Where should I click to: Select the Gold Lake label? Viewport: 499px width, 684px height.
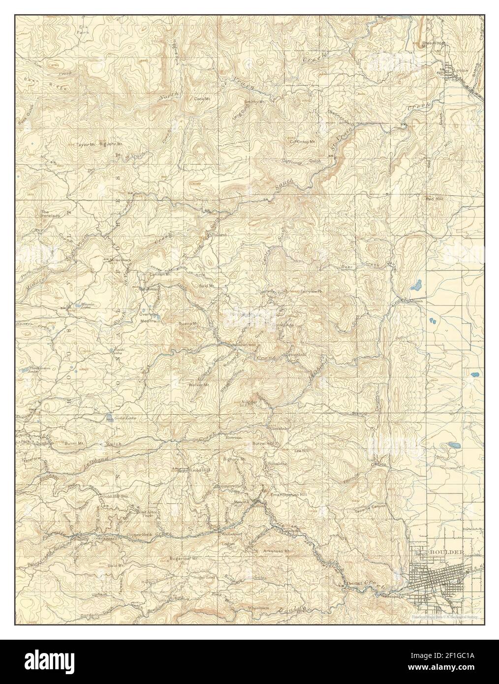click(x=124, y=418)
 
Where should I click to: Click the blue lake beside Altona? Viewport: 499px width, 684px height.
click(x=417, y=285)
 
